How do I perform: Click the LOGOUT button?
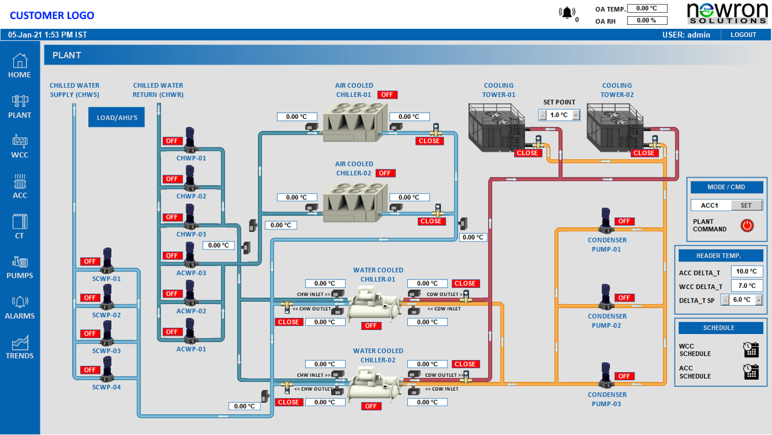[x=743, y=35]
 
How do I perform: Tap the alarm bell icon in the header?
[x=567, y=13]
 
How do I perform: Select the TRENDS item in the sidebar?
[x=20, y=347]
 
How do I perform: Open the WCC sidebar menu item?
[x=20, y=146]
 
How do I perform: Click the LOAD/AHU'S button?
[x=116, y=118]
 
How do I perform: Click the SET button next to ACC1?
[x=746, y=206]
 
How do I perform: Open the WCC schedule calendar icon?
[x=751, y=350]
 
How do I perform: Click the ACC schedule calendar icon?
[x=751, y=372]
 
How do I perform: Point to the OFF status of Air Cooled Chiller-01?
[x=387, y=94]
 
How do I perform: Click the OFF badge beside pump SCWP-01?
[x=90, y=262]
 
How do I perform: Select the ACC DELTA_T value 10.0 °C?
[x=747, y=272]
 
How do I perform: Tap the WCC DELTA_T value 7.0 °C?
[x=747, y=286]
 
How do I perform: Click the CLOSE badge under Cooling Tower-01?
[x=527, y=153]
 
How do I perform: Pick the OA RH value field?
[x=647, y=20]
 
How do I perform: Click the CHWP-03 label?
[x=191, y=234]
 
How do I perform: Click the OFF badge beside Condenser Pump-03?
[x=624, y=376]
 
